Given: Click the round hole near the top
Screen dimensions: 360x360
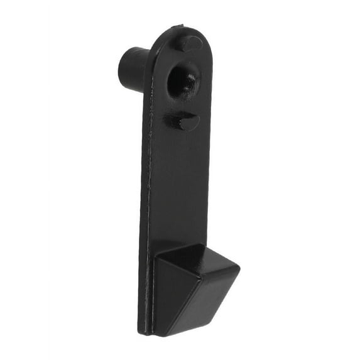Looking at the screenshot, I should coord(183,80).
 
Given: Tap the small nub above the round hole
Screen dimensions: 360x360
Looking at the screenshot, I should coord(188,44).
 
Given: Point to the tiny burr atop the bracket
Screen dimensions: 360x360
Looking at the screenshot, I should coord(182,26).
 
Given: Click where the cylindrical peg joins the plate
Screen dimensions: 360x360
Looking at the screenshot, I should coord(146,72).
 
